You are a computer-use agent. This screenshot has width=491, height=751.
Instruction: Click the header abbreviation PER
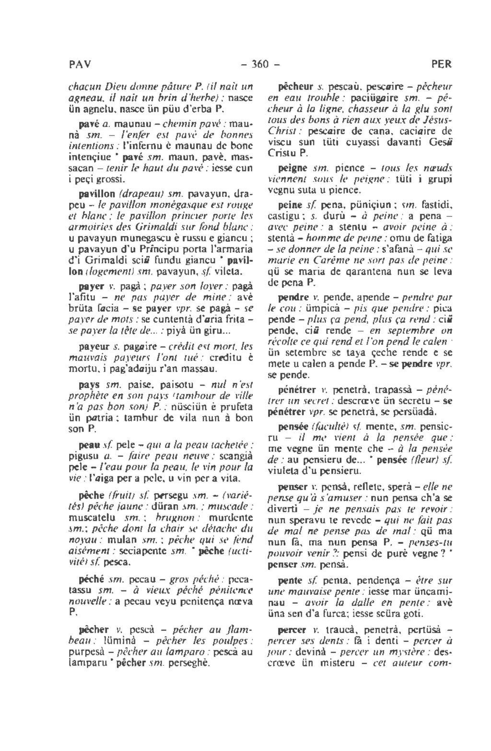(x=441, y=64)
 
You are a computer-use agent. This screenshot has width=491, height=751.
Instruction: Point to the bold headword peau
(x=89, y=446)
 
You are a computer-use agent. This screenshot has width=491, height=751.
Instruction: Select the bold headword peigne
(x=292, y=168)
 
